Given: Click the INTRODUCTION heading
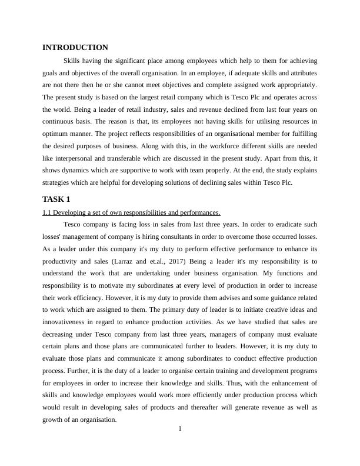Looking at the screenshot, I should (x=75, y=47).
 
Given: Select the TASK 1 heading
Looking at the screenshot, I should (x=56, y=199).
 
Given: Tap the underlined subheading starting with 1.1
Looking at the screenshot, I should (x=131, y=212).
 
